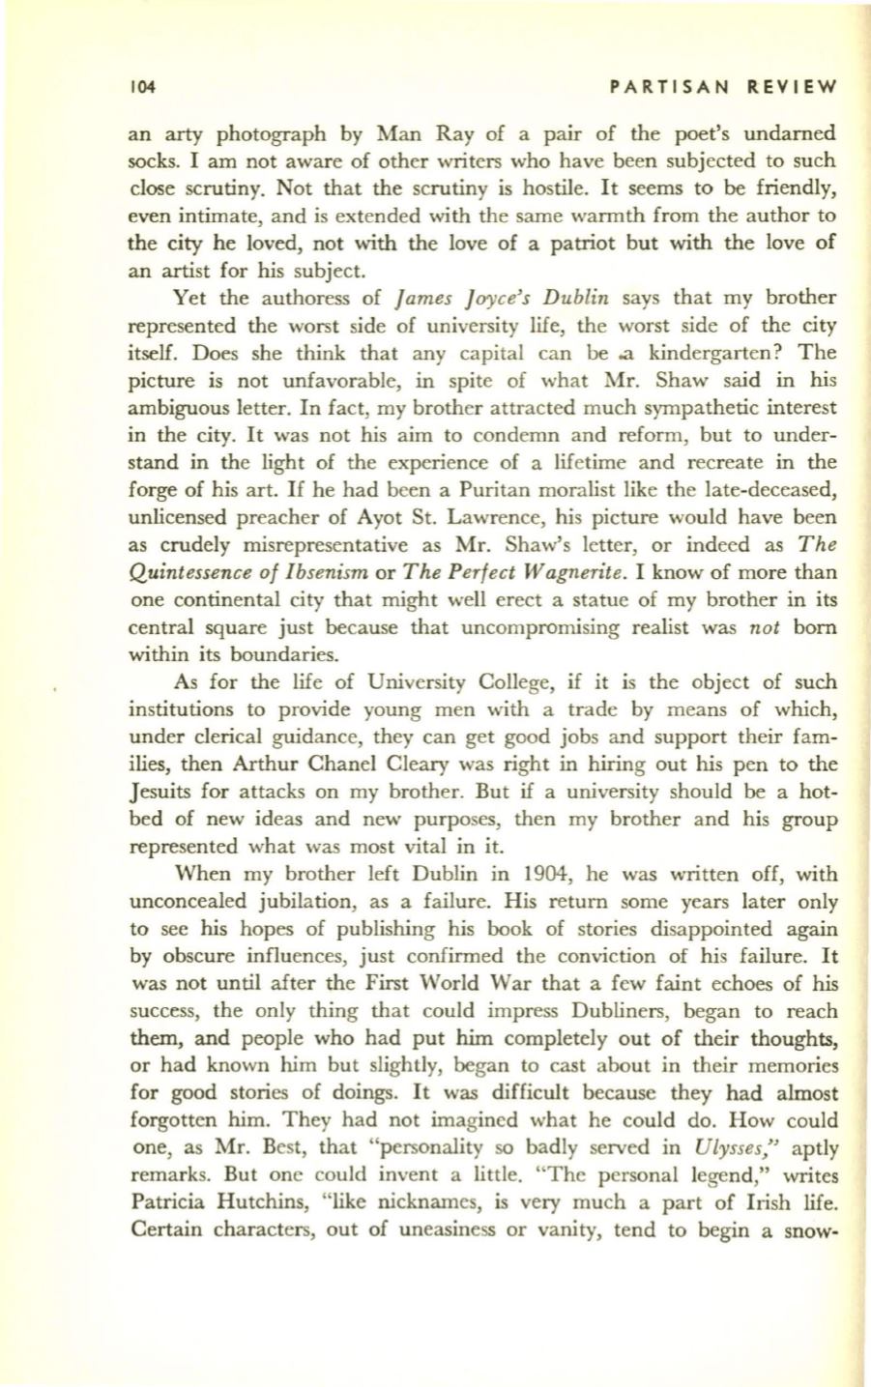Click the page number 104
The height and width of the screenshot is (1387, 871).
click(x=142, y=84)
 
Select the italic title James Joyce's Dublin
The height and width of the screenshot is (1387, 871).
click(x=416, y=294)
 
